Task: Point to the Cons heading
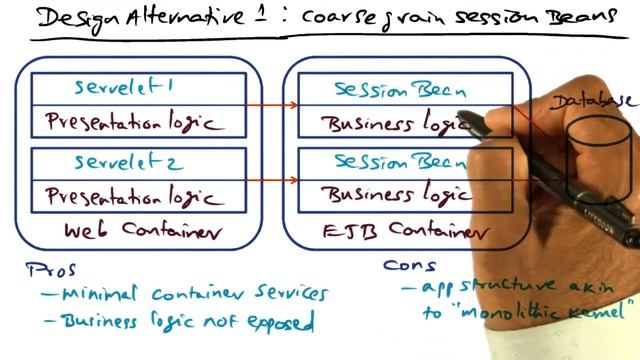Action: coord(411,267)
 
